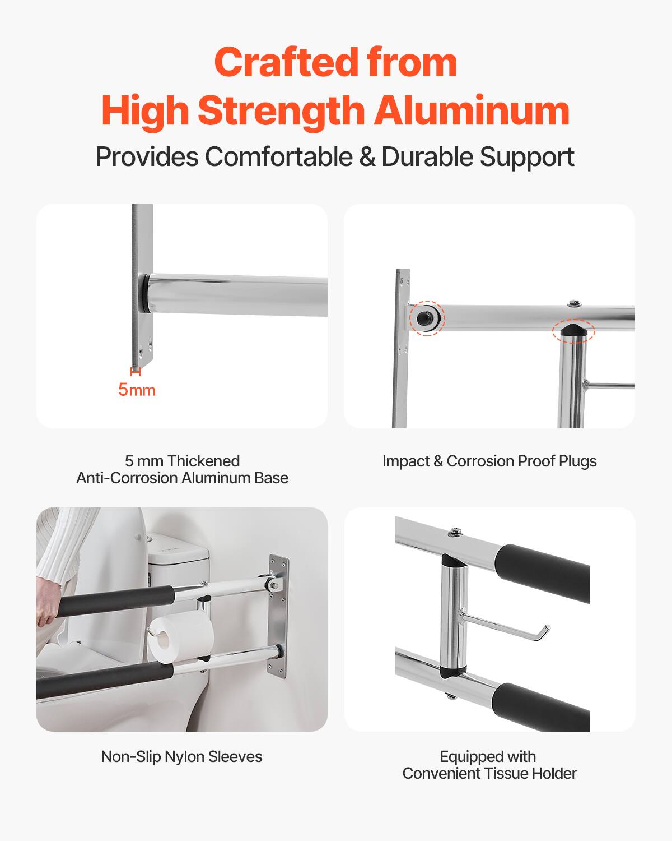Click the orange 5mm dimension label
tap(137, 390)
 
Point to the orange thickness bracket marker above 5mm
tap(135, 371)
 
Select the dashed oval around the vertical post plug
tap(573, 330)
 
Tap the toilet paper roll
tap(180, 639)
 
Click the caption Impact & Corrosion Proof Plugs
tap(489, 461)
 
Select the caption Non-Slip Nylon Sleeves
tap(181, 756)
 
